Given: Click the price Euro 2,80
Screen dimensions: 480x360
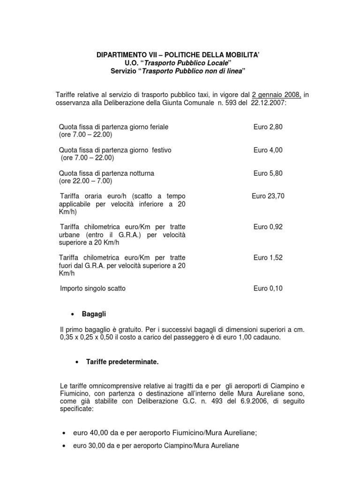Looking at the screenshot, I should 268,127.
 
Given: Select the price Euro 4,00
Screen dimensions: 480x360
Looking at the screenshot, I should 268,150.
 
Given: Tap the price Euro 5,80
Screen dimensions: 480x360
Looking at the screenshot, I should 268,173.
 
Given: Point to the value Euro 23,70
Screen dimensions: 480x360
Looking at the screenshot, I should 268,196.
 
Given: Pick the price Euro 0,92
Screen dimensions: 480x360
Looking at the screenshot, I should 268,227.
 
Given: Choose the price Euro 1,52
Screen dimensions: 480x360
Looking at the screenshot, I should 268,258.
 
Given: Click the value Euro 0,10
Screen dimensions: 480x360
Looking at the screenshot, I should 268,289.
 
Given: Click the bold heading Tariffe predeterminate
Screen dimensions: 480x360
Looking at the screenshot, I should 117,362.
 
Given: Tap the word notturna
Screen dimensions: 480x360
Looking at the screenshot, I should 139,173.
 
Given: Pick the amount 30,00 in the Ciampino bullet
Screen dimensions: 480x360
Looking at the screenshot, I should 96,446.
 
